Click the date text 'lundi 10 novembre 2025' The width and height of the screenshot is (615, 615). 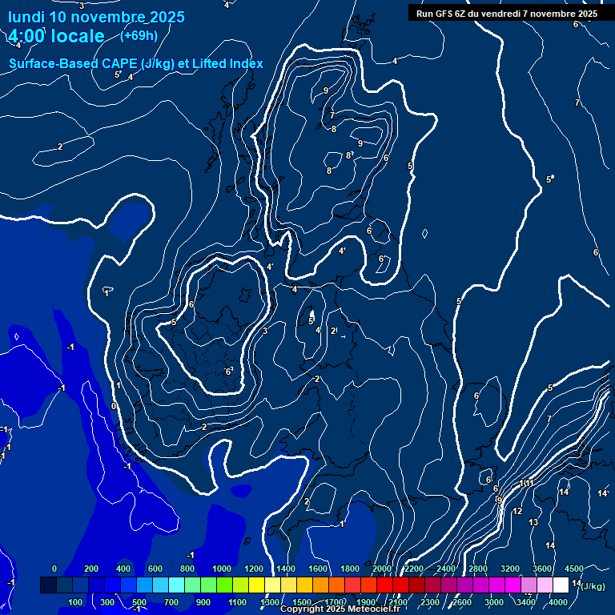[96, 17]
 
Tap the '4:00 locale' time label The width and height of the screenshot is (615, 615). [56, 36]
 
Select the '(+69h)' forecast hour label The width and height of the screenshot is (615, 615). [139, 35]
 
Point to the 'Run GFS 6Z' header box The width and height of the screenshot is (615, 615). [507, 14]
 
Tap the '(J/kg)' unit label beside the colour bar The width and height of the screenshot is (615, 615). [593, 586]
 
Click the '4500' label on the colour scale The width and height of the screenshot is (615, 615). [573, 569]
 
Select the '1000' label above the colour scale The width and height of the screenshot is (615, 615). [222, 569]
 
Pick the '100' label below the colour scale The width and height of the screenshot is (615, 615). [76, 602]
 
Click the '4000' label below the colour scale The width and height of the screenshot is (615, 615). [558, 602]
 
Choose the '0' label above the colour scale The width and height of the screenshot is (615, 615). [54, 569]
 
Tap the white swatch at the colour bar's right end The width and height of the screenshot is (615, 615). [561, 585]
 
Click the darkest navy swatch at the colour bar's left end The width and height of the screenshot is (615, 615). [48, 585]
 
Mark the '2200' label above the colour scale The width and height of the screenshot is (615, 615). [414, 569]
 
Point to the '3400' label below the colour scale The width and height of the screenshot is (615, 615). [526, 602]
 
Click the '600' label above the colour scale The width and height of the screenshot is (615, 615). [155, 569]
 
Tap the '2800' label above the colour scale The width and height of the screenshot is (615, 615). [478, 569]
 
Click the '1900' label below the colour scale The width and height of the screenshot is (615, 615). [366, 602]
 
